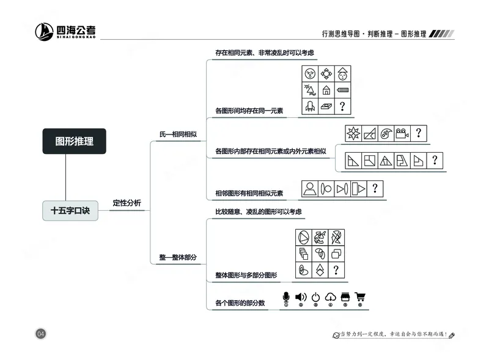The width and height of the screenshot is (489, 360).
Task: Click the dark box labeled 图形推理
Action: (74, 141)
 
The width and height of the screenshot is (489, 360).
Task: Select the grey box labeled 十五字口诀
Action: (70, 210)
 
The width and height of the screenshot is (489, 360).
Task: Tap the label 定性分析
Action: (127, 203)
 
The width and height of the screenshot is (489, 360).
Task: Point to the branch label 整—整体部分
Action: (178, 257)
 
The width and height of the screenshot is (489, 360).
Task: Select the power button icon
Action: (315, 298)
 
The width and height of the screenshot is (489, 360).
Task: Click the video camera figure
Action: (402, 134)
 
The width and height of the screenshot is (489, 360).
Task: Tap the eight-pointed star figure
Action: (353, 134)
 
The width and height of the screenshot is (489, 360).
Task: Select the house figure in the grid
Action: (326, 90)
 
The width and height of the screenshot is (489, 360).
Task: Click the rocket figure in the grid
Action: (310, 107)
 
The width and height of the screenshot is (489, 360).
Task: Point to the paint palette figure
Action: (385, 134)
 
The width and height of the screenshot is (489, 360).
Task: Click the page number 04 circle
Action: (41, 334)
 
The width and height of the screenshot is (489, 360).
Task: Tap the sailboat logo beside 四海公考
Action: (44, 31)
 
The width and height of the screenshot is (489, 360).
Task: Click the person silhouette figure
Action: (310, 188)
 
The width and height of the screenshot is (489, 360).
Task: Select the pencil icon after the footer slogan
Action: (452, 335)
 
